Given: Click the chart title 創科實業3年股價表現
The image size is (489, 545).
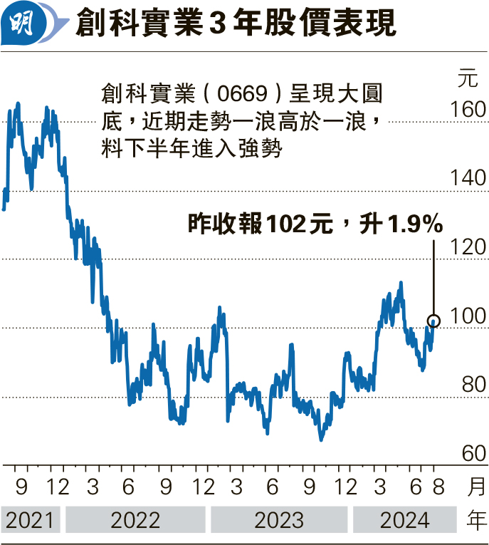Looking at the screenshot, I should (x=235, y=24).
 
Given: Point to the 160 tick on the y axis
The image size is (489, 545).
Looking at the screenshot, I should (x=468, y=110).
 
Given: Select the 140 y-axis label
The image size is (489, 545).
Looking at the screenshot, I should (x=468, y=178).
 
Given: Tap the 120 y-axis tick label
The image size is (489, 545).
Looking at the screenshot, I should (x=468, y=247).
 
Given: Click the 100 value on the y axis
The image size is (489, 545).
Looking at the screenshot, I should (x=468, y=316).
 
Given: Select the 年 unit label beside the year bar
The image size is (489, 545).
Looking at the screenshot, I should (x=476, y=520).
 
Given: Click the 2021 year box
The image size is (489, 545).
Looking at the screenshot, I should (x=31, y=520).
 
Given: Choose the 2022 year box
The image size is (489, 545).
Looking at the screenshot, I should (x=135, y=520).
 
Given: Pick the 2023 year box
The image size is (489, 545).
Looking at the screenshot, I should (x=278, y=520).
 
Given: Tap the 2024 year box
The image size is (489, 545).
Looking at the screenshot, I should (x=404, y=520).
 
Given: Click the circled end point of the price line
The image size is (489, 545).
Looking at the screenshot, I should (x=434, y=321).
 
